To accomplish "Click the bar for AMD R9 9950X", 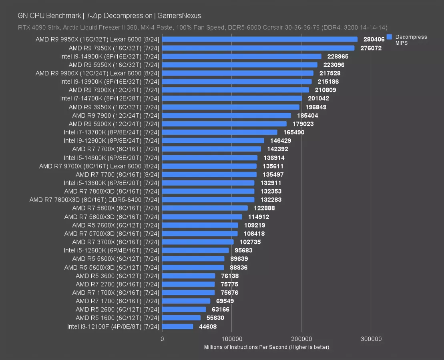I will (x=259, y=39).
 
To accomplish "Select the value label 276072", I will (x=370, y=48).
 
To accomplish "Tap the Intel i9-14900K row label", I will (x=109, y=56).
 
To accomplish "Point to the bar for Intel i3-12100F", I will (x=177, y=326).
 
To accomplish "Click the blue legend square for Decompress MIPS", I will (x=389, y=37).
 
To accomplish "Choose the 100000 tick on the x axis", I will (x=231, y=339).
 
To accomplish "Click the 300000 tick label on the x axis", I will (x=371, y=339).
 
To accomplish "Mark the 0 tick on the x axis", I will (x=162, y=339).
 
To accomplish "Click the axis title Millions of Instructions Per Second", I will (x=266, y=347).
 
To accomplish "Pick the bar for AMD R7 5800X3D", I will (x=202, y=217).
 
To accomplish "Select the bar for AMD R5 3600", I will (x=189, y=276).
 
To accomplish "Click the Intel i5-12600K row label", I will (x=111, y=250).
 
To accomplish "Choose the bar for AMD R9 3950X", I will (x=231, y=107).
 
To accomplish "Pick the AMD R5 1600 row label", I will (x=117, y=318).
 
